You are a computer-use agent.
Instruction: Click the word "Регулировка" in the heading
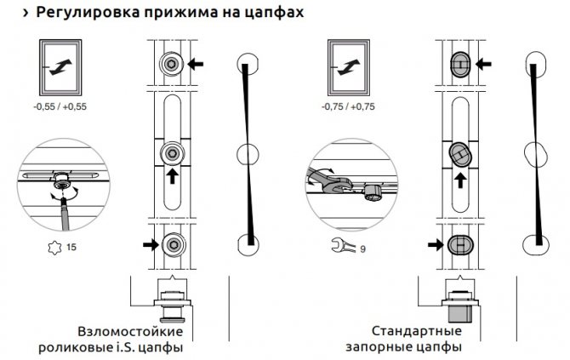point(88,13)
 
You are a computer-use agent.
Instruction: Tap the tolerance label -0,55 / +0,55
point(60,106)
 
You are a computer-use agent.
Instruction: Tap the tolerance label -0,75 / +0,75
point(348,106)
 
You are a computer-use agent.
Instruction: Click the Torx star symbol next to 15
point(54,248)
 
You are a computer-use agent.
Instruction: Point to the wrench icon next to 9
point(343,245)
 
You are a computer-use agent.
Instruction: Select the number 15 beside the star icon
point(71,248)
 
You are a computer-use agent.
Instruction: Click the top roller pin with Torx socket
point(171,65)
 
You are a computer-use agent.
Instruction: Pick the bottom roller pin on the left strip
point(174,244)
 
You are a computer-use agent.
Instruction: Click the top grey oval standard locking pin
point(460,65)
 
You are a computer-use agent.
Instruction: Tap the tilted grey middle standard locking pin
point(460,154)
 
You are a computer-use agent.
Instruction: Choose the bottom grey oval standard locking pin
point(460,244)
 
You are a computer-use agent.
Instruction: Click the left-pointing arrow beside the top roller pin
point(195,65)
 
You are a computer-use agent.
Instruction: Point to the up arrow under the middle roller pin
point(172,176)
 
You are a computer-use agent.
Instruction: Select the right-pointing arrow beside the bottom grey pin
point(436,244)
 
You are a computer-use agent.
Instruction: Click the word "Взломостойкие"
point(130,331)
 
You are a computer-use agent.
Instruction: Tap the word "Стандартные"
point(417,331)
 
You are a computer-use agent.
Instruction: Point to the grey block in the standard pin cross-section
point(460,313)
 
